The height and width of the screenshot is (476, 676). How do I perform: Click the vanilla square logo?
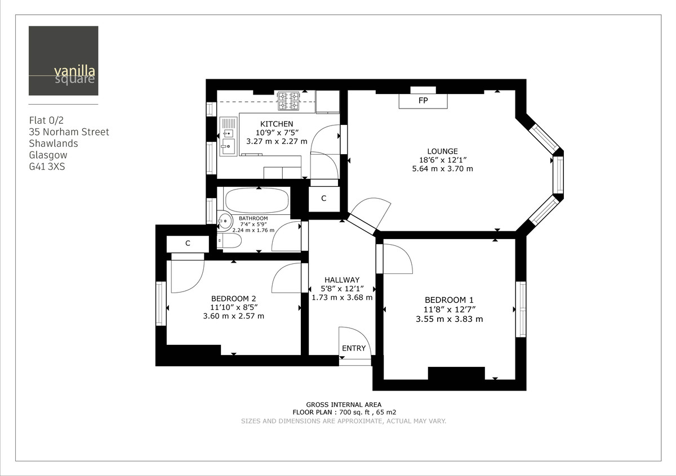tap(63, 61)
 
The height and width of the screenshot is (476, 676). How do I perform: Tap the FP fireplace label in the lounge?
tap(423, 101)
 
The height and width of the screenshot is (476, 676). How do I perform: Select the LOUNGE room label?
tap(442, 151)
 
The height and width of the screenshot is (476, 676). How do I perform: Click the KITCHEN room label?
tap(276, 124)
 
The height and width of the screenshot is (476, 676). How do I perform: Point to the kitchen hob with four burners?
tap(288, 101)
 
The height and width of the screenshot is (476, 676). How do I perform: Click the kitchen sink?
tap(228, 137)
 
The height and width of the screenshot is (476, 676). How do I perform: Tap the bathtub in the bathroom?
tap(257, 200)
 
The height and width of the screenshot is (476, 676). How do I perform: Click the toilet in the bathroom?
tap(230, 241)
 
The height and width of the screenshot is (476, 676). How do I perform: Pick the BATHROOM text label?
tap(253, 218)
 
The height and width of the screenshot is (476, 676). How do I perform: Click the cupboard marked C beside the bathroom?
tap(324, 199)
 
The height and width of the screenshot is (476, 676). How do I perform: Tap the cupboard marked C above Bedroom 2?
tap(188, 244)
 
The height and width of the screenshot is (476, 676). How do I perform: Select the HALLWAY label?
tap(342, 280)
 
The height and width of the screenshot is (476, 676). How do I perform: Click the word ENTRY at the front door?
tap(354, 348)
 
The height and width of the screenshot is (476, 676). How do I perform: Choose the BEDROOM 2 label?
tap(234, 298)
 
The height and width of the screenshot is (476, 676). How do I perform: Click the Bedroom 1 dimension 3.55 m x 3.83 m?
tap(449, 319)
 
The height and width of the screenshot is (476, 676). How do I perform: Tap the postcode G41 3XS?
tap(47, 167)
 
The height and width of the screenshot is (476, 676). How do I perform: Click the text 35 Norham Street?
tap(69, 132)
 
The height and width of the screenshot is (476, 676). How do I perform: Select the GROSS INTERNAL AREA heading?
tap(344, 405)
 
